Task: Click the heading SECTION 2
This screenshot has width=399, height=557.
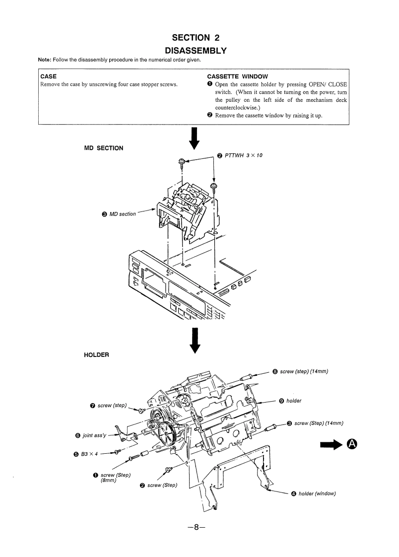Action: tap(195, 38)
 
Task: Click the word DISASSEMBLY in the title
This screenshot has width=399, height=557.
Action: tap(195, 50)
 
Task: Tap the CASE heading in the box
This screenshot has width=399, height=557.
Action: tap(48, 76)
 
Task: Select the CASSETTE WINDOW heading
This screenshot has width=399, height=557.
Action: tap(237, 76)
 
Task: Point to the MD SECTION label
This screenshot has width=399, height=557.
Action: tap(104, 148)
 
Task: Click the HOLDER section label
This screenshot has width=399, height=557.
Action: tap(97, 355)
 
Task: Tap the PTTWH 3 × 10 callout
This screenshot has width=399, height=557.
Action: tap(244, 155)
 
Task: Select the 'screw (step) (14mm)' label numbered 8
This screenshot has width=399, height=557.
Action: tap(304, 371)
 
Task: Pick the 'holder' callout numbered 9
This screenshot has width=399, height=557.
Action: tap(294, 401)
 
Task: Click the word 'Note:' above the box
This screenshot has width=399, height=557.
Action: tap(46, 60)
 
